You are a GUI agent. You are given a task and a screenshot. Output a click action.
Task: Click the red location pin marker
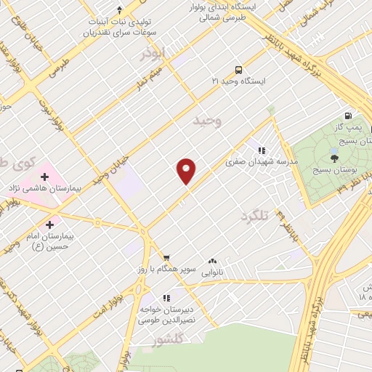187,170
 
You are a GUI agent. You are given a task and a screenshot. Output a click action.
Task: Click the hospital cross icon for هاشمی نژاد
44,177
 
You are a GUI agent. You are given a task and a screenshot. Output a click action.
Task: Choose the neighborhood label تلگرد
254,216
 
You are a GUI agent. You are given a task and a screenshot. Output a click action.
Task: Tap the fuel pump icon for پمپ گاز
349,116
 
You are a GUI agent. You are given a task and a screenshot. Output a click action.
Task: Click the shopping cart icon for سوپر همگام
166,257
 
